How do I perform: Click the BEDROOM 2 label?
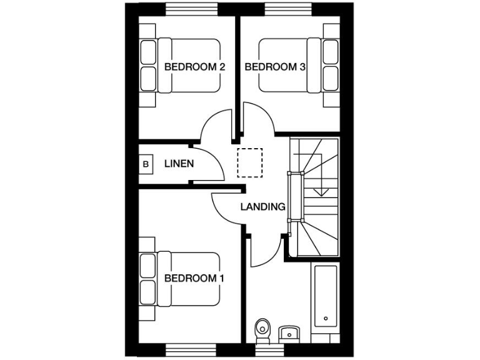pos(194,67)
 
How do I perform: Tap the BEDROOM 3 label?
pos(274,67)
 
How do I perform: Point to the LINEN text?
pos(179,164)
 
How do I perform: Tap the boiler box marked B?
pos(146,164)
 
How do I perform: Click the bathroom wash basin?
pos(289,331)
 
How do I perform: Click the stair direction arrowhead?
pos(321,192)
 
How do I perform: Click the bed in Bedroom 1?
pos(181,278)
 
